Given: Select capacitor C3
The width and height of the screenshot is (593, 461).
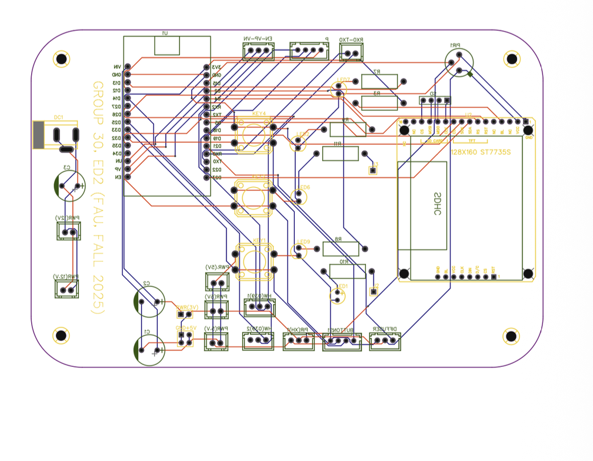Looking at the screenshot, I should click(69, 185).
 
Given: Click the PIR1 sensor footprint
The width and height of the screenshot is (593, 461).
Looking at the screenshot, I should click(458, 62).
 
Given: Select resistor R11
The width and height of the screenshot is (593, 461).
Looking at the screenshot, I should click(340, 153).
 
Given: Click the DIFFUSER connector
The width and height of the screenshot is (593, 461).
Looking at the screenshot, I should click(385, 340).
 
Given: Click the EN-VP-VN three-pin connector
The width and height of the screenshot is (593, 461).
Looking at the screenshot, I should click(258, 51).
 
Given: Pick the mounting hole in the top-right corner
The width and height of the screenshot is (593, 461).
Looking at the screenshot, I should click(512, 59).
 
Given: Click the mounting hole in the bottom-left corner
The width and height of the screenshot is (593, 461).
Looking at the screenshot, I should click(60, 335).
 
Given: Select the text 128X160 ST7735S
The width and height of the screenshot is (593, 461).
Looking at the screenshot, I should click(480, 152).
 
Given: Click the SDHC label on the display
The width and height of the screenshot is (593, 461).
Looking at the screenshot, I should click(437, 204).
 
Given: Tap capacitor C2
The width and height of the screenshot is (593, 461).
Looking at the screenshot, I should click(149, 302).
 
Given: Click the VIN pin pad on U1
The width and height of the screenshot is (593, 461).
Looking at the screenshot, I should click(128, 67).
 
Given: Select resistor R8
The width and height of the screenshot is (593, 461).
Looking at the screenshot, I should click(341, 249).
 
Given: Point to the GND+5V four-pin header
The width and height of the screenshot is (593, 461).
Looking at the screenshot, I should click(185, 338).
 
